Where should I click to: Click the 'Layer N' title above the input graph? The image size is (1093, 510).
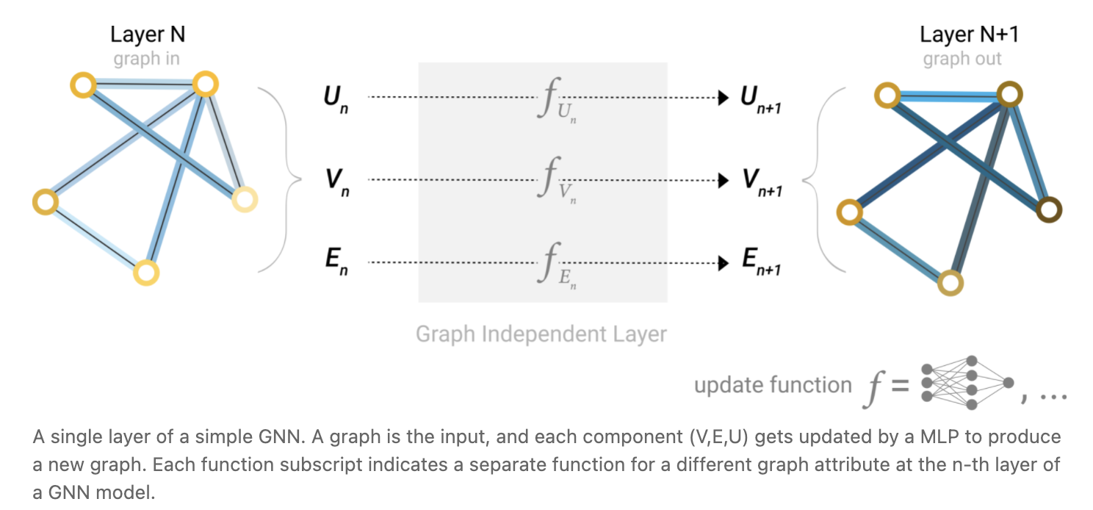tap(147, 35)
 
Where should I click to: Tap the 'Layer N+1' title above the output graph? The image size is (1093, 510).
tap(969, 35)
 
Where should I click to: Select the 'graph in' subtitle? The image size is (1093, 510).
tap(146, 59)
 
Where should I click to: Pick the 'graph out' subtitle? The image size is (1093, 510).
tap(962, 59)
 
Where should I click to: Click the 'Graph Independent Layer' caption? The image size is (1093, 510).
tap(541, 334)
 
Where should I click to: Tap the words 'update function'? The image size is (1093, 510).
tap(772, 385)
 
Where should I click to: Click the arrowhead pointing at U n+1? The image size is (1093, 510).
tap(724, 97)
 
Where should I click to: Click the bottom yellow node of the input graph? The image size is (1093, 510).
tap(146, 273)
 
